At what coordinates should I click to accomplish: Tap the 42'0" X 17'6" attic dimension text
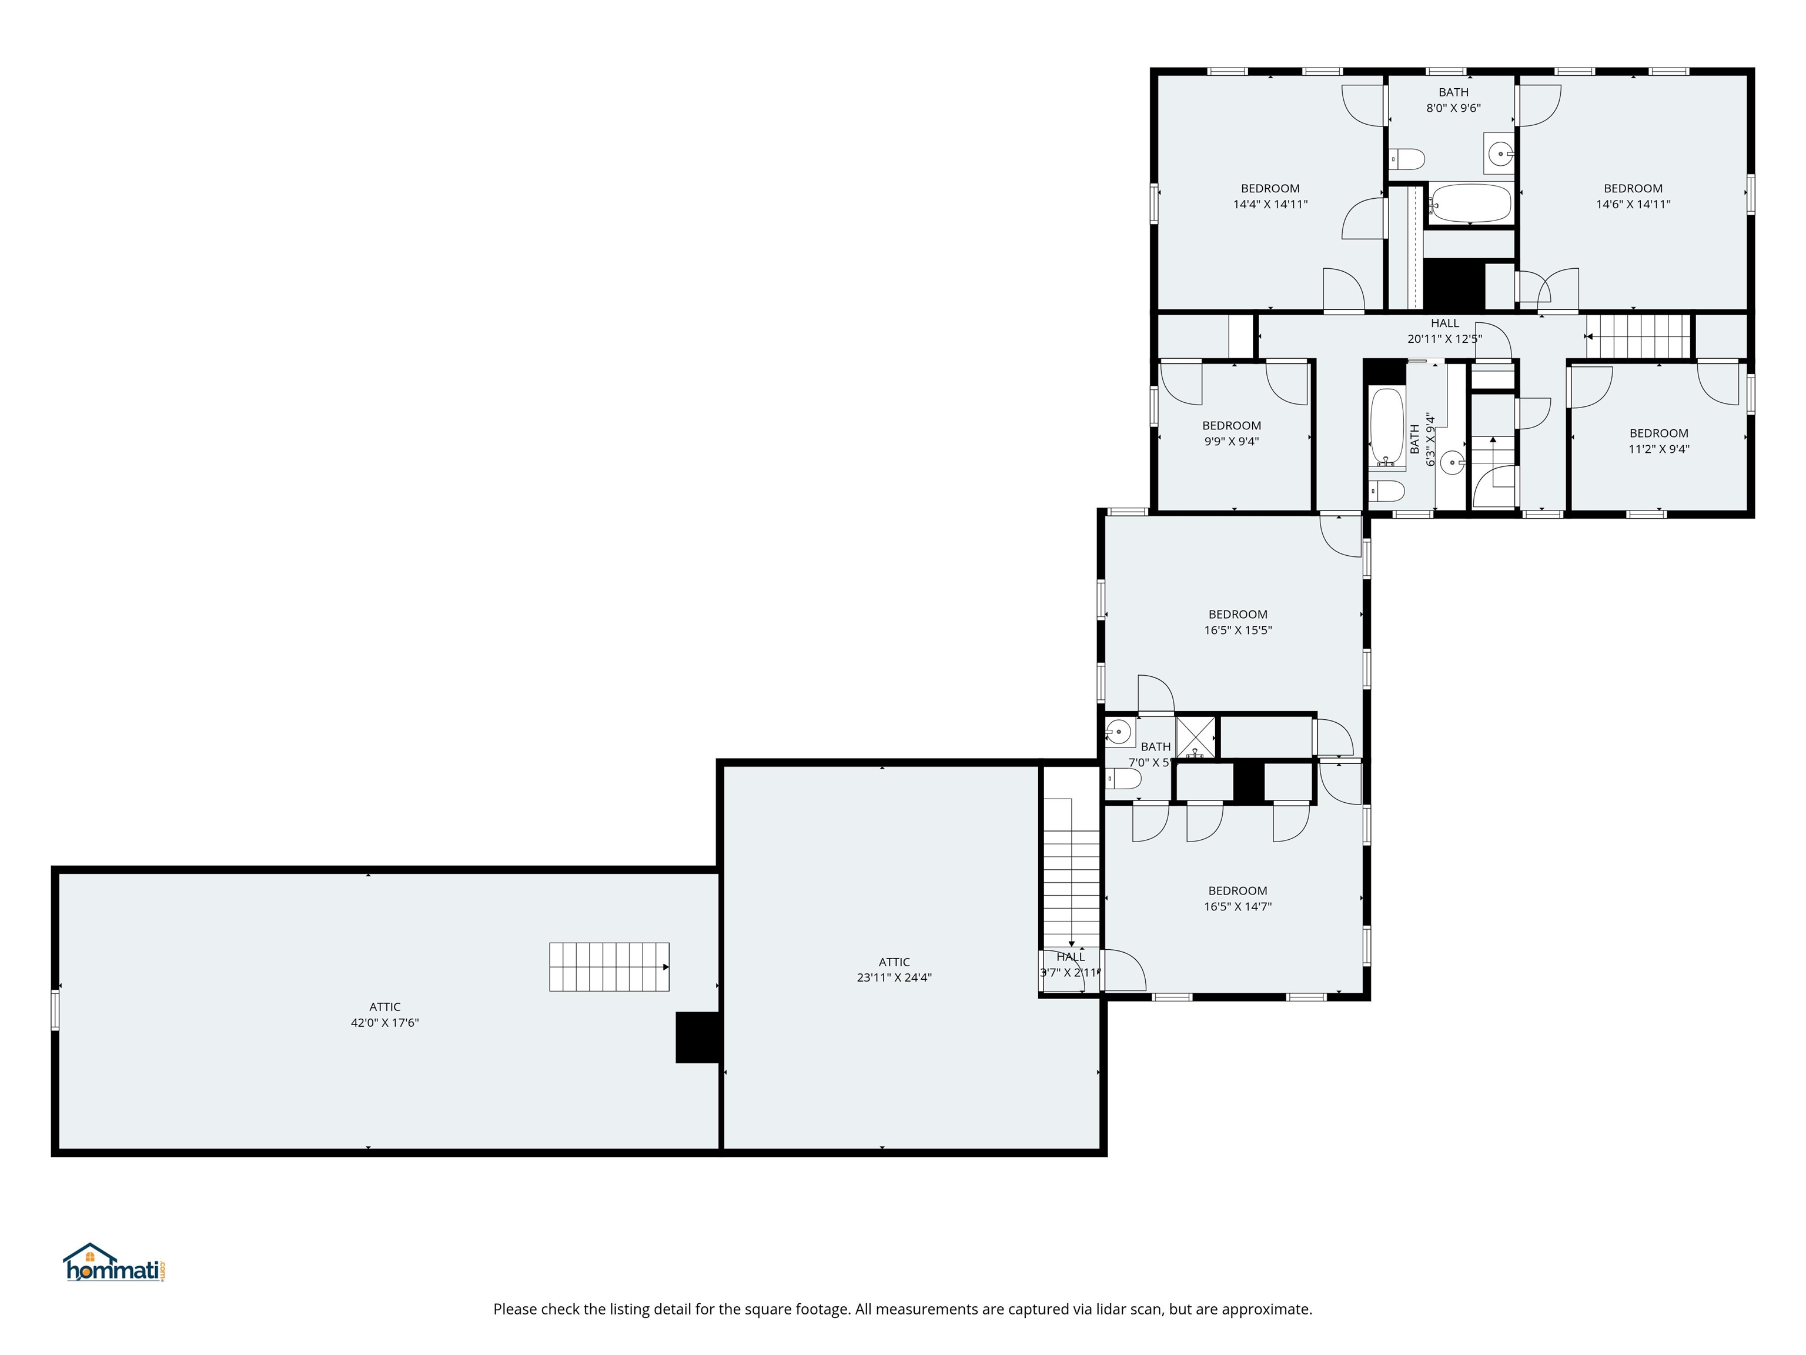(x=384, y=1023)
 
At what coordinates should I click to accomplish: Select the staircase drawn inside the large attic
(x=609, y=967)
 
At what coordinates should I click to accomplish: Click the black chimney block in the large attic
(x=697, y=1037)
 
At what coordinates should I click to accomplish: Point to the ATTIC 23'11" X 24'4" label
(x=894, y=969)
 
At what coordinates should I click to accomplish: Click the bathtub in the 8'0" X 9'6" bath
(x=1470, y=203)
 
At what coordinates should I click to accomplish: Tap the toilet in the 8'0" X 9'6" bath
(x=1407, y=158)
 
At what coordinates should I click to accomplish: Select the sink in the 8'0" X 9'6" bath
(x=1500, y=153)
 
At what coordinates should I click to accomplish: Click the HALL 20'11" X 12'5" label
(x=1444, y=331)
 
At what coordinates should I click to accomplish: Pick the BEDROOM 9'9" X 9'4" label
(x=1231, y=433)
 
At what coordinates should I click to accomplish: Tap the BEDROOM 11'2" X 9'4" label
(x=1659, y=441)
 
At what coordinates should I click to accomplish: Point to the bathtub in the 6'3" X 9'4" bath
(x=1386, y=427)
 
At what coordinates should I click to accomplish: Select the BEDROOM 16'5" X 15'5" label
(x=1238, y=622)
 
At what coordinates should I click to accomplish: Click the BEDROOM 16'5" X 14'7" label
(x=1238, y=899)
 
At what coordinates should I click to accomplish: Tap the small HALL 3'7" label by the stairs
(x=1071, y=964)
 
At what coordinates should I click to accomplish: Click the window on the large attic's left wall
(x=55, y=1010)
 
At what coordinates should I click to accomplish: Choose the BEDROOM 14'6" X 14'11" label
(x=1633, y=196)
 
